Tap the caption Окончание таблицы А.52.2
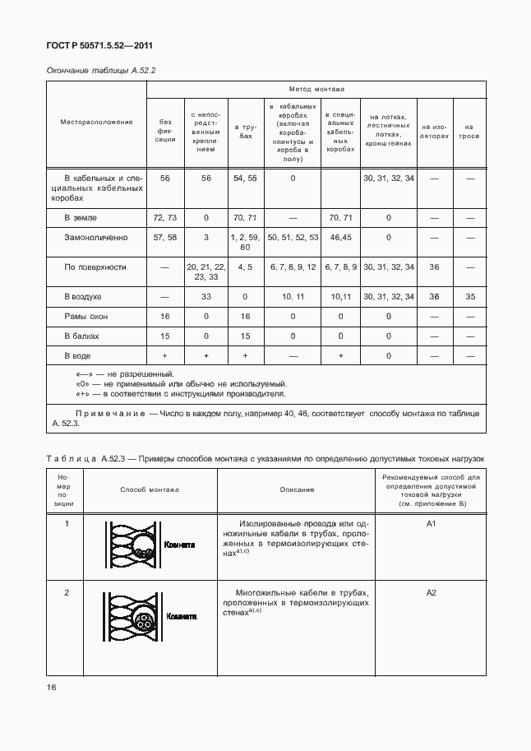100,71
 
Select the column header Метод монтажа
316,89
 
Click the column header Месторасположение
96,122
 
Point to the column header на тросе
469,132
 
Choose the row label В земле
81,218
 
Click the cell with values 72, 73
165,218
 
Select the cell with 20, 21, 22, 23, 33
205,271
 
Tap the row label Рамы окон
87,316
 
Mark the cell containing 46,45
339,237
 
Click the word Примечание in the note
109,413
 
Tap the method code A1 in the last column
431,523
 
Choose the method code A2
431,592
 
